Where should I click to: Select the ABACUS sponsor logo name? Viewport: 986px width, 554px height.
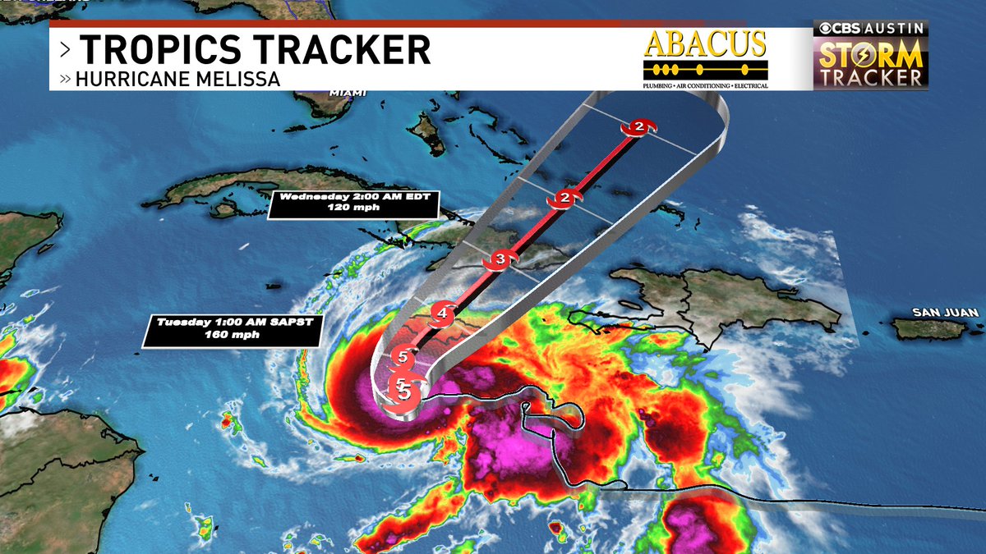click(x=705, y=44)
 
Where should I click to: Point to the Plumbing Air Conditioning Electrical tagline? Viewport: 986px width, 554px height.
click(x=705, y=85)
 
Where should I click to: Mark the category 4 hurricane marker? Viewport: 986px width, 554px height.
click(x=442, y=312)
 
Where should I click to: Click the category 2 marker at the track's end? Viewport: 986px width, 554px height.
click(x=638, y=126)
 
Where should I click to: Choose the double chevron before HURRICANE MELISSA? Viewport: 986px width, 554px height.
click(x=65, y=80)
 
